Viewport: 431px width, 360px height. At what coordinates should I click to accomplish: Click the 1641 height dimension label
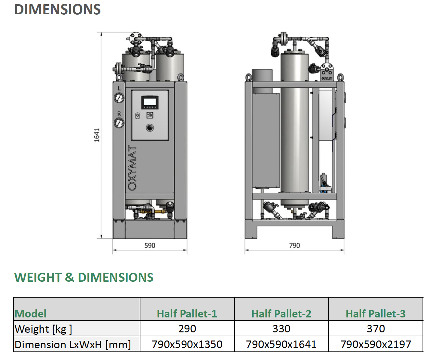click(x=97, y=135)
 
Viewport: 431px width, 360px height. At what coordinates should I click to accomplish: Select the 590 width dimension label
click(x=150, y=245)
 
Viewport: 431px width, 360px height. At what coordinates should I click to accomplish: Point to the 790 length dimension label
click(x=294, y=245)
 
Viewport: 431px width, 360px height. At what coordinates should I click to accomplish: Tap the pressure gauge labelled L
click(x=119, y=98)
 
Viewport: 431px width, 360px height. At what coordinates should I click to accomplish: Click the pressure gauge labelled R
click(x=119, y=123)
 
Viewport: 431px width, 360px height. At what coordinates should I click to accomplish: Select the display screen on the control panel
click(x=150, y=102)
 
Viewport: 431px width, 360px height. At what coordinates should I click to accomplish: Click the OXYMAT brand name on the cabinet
click(x=132, y=168)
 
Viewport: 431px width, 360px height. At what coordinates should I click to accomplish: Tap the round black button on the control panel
click(x=150, y=128)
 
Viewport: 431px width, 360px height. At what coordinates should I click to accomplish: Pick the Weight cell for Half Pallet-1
click(x=187, y=328)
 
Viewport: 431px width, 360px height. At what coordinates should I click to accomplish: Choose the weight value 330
click(x=281, y=328)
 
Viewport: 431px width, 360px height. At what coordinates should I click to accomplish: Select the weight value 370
click(x=376, y=328)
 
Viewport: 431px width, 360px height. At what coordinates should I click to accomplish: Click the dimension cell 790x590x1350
click(x=187, y=344)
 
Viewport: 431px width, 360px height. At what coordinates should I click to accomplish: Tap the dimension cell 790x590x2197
click(x=376, y=344)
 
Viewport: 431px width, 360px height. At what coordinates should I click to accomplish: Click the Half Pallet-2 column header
click(x=281, y=314)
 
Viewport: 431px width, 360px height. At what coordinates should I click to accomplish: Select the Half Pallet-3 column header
click(x=376, y=314)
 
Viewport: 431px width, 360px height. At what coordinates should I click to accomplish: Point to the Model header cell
click(x=31, y=314)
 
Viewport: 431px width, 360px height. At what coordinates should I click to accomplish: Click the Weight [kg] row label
click(x=43, y=329)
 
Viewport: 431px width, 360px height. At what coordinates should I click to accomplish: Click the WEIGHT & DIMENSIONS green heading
click(x=84, y=277)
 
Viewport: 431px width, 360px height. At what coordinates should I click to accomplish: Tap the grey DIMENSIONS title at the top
click(x=58, y=9)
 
